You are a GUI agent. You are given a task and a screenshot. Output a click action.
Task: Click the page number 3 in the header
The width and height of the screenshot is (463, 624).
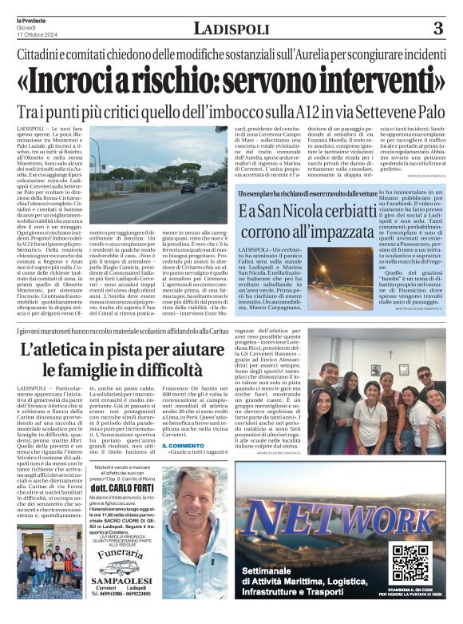[x=438, y=30]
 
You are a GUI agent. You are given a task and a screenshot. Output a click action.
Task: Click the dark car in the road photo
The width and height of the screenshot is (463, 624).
[x=188, y=189]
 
